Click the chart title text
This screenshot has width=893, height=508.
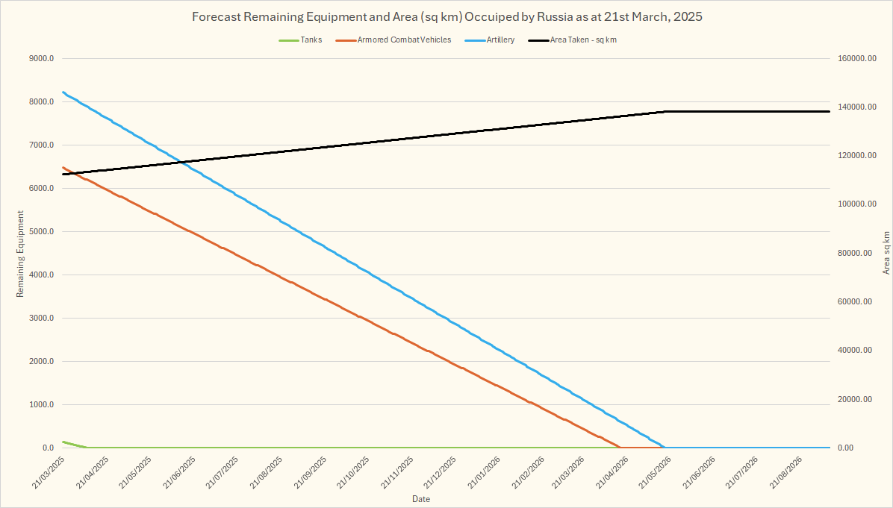pos(446,16)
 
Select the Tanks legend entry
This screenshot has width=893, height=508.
pos(311,40)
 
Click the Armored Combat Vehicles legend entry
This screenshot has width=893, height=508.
pos(404,40)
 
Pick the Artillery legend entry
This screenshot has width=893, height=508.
pos(500,40)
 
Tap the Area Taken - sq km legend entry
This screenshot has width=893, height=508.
pos(582,40)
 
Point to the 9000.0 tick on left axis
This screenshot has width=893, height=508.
pos(40,59)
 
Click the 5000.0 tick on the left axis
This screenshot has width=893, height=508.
pos(40,232)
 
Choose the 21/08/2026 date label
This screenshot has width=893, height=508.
pos(787,473)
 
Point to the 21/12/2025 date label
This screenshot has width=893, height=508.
pos(441,473)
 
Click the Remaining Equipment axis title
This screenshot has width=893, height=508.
pos(21,254)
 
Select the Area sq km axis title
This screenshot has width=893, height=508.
pos(886,252)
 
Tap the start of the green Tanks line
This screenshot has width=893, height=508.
pos(63,442)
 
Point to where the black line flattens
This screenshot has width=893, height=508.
pos(665,111)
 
